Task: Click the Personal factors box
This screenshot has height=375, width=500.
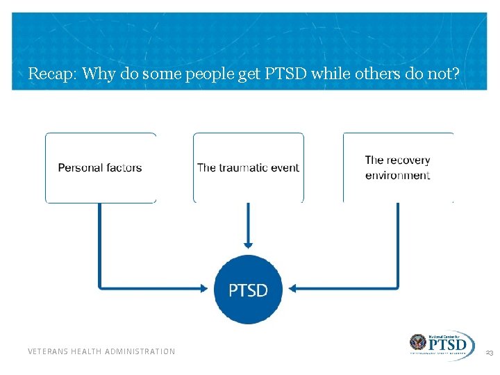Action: [101, 168]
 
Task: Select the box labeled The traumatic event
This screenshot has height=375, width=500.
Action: [248, 168]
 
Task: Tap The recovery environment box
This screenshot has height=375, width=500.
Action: [398, 168]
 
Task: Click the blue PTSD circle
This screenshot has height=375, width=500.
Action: [248, 290]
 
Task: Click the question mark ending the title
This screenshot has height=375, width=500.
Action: [455, 73]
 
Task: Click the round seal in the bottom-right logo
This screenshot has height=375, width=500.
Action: [418, 343]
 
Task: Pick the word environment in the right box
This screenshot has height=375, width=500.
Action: [398, 176]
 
